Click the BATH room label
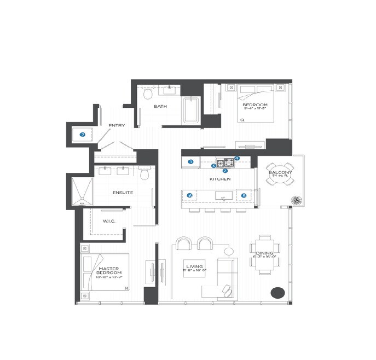click(x=160, y=107)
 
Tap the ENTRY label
click(x=117, y=126)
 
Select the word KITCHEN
click(x=220, y=179)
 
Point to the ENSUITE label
click(x=123, y=193)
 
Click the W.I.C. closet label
click(x=108, y=221)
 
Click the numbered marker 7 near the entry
click(x=83, y=134)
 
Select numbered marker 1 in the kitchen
click(x=191, y=161)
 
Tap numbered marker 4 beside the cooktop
click(x=237, y=159)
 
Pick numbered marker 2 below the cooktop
click(x=225, y=171)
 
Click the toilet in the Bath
click(x=147, y=95)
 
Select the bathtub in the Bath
click(x=191, y=109)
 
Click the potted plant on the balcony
click(x=297, y=200)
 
